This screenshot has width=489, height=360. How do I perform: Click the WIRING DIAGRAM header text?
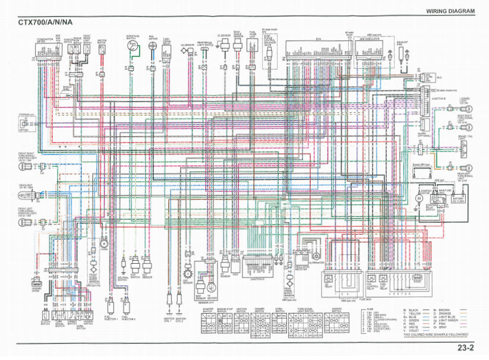pos(450,11)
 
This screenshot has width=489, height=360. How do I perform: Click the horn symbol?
pos(104,242)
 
